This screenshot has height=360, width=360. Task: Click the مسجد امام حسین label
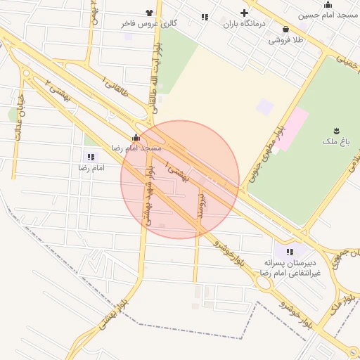tap(328, 15)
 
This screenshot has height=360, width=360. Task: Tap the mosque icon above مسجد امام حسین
tap(328, 5)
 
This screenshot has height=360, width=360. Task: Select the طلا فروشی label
tap(285, 40)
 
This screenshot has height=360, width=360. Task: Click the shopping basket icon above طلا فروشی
tap(285, 30)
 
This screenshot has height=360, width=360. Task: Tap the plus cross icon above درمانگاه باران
tap(245, 13)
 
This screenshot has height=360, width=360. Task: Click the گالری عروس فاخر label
tap(149, 23)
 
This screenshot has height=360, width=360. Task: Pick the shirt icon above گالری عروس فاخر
tap(149, 13)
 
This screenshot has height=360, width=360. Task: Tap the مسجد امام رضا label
tap(136, 148)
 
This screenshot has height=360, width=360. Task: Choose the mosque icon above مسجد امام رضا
tap(136, 138)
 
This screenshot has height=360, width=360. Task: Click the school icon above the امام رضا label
tap(91, 157)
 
